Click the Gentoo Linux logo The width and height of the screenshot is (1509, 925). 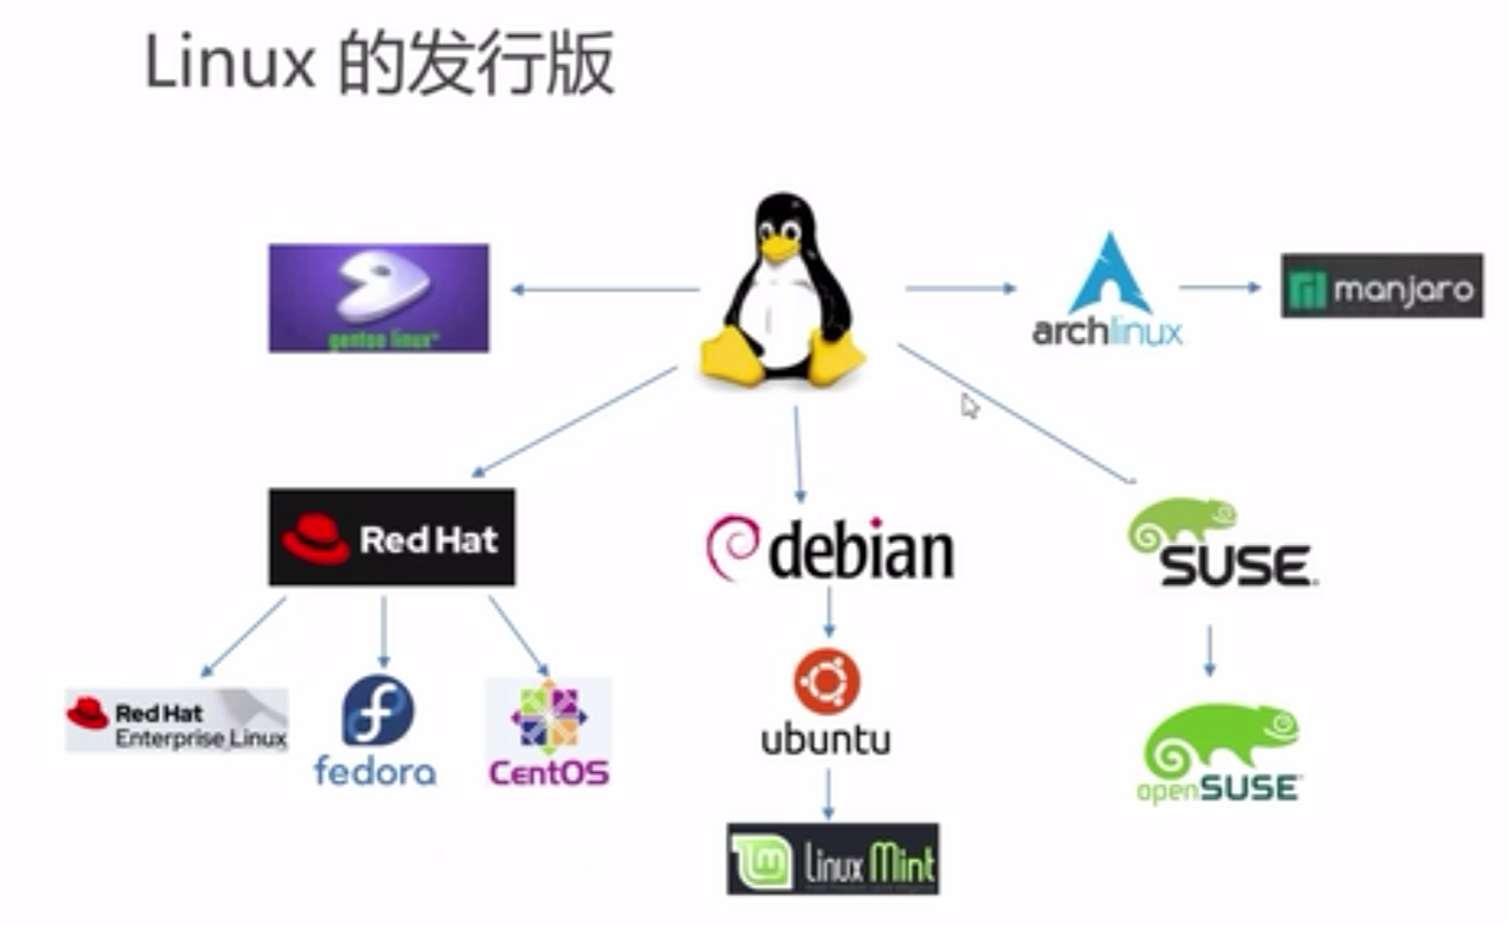click(378, 298)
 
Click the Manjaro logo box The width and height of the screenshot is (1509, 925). click(1381, 286)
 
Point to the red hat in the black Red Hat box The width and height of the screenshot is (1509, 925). click(315, 538)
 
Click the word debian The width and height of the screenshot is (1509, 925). click(861, 552)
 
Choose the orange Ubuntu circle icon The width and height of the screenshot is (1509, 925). click(827, 682)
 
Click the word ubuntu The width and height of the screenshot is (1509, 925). click(826, 740)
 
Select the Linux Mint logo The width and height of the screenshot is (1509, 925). click(832, 859)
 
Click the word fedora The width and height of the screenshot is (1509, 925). click(374, 771)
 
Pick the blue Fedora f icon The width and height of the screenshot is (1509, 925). click(377, 711)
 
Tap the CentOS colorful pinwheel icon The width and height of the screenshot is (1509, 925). click(548, 716)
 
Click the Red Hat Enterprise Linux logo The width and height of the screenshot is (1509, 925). click(176, 720)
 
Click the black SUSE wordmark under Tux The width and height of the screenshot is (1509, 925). click(1236, 565)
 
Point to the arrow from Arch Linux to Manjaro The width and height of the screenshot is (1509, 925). click(1220, 287)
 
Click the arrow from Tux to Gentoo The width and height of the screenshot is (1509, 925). click(604, 289)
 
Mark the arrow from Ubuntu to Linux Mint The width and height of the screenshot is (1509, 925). click(828, 794)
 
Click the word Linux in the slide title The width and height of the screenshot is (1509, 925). click(230, 63)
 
